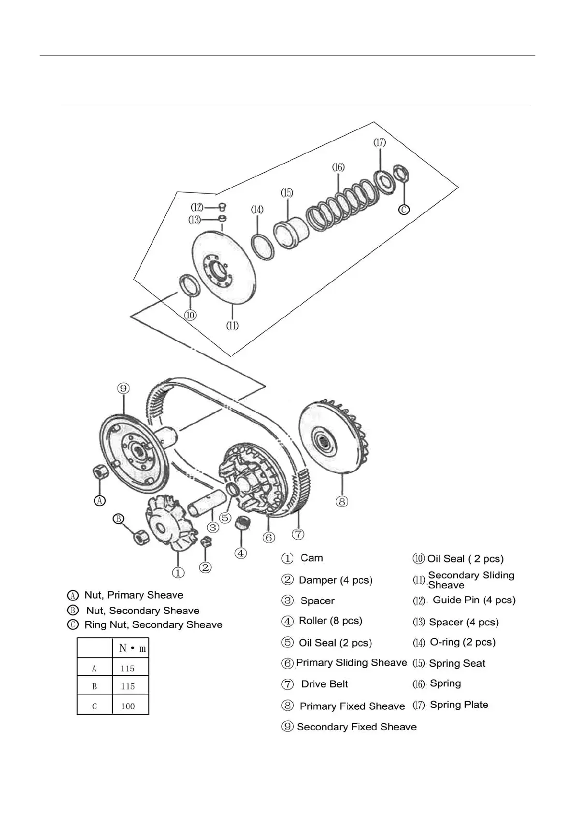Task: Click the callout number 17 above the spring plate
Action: tap(380, 142)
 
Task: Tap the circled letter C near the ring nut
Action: tap(404, 209)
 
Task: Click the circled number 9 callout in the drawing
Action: tap(123, 388)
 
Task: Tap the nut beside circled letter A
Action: tap(99, 472)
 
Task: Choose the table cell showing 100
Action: tap(128, 706)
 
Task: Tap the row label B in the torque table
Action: tap(94, 686)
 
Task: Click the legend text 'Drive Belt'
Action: tap(324, 684)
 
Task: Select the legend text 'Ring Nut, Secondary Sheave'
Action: tap(153, 625)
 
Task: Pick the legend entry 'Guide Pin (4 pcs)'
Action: tap(474, 600)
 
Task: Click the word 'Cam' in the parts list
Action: tap(312, 558)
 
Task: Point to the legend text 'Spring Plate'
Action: tap(459, 704)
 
